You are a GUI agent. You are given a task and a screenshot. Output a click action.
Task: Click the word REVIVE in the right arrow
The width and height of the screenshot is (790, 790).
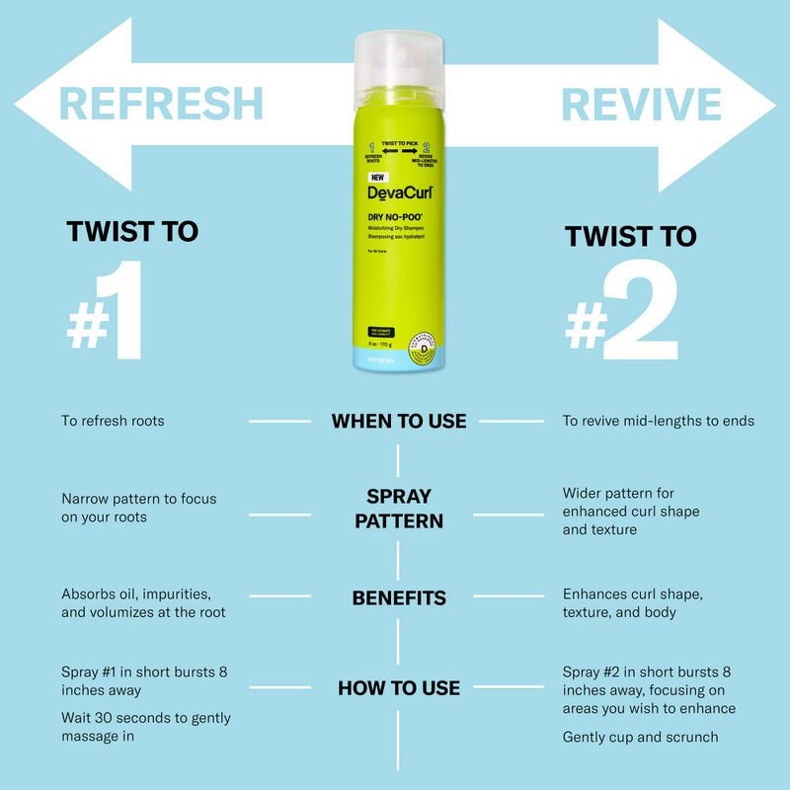pos(641,104)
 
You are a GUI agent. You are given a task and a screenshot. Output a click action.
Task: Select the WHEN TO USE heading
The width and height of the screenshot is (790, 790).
pos(399,421)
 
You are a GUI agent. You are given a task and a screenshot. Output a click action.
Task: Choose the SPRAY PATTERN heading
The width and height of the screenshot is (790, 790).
pos(399,508)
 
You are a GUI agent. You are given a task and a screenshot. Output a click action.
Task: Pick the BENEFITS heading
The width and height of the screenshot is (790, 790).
pos(399,597)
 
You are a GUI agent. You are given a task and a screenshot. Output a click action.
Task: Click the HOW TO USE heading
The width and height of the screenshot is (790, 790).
pos(399,687)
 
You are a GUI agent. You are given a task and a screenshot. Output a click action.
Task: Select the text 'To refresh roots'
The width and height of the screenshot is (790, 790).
pos(113,421)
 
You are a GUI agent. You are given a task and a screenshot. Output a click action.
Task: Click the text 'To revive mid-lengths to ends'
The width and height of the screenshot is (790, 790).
pos(658,421)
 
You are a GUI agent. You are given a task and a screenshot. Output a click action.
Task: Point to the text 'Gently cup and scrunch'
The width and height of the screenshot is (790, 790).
pos(640,737)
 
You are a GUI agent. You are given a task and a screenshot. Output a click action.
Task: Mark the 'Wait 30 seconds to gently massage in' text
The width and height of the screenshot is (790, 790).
pos(145,728)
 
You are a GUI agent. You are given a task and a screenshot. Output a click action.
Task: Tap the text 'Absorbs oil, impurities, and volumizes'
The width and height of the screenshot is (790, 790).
pos(143,602)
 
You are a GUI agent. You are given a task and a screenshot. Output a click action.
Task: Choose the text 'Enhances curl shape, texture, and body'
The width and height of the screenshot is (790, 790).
pos(632,602)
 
